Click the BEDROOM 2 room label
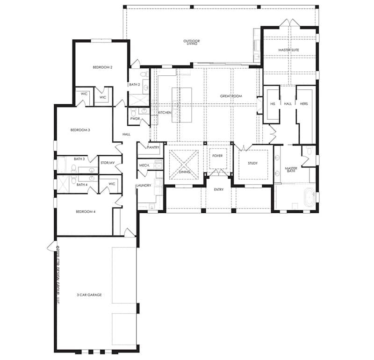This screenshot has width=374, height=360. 102,67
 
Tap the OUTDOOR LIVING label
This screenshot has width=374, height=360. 192,43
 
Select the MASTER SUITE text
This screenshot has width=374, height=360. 288,50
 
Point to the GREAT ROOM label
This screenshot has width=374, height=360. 230,96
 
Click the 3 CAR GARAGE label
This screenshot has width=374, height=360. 89,295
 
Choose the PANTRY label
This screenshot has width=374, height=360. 153,147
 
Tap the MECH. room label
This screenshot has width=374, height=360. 144,166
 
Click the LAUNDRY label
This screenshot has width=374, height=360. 144,186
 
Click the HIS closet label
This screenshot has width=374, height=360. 272,104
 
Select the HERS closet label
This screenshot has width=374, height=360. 304,104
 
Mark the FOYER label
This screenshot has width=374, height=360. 217,155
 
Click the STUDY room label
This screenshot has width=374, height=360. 253,163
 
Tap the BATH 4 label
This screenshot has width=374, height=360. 82,185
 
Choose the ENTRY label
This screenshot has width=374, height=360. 218,189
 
